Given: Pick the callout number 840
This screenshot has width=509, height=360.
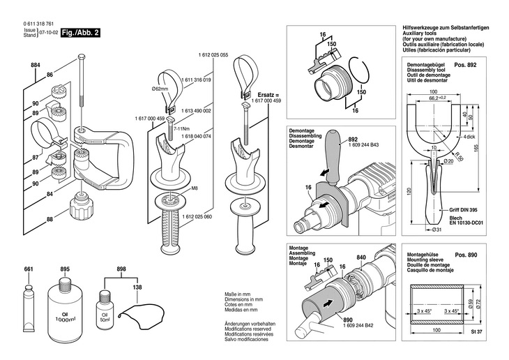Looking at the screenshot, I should click(361, 257).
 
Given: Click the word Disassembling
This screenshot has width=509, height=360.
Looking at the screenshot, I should click(301, 135).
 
